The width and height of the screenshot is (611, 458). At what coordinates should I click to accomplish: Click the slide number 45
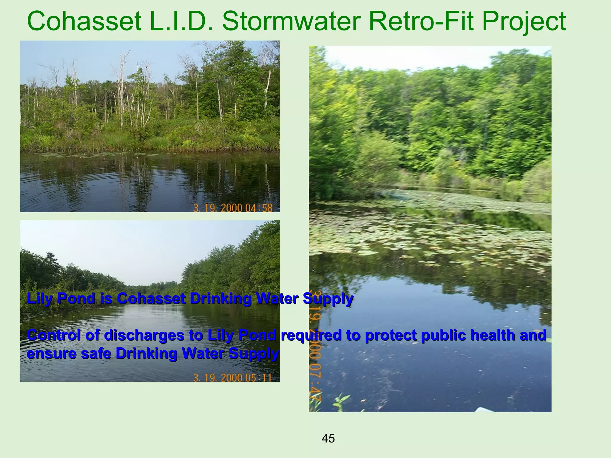pos(328,439)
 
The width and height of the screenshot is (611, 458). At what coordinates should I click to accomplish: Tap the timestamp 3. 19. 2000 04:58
pos(233,208)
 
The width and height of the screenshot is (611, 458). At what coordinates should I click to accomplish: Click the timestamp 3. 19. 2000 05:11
pos(232,378)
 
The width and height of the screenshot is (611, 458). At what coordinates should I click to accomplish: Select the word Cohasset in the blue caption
pos(151,298)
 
